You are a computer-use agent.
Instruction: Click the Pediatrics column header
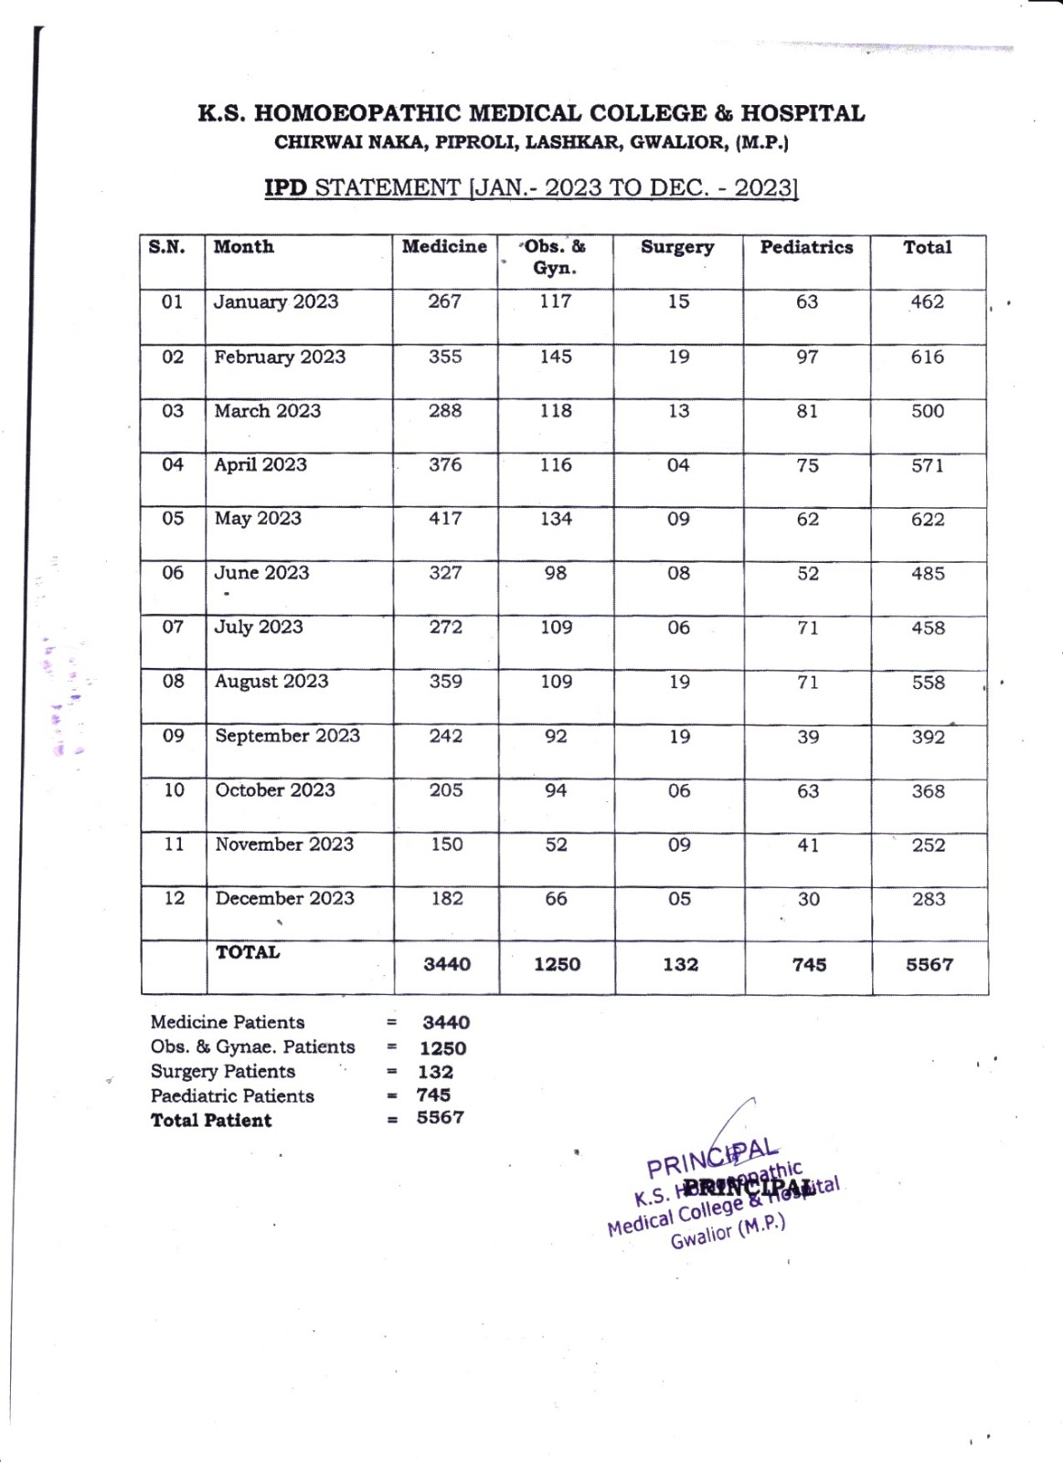[x=806, y=248]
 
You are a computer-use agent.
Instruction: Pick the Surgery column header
[x=677, y=248]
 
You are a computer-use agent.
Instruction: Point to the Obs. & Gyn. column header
[x=555, y=257]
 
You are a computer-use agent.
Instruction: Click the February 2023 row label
[x=280, y=357]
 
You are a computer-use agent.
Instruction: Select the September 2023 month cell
[x=287, y=736]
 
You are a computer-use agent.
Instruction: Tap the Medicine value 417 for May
[x=445, y=519]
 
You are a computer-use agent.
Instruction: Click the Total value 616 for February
[x=927, y=357]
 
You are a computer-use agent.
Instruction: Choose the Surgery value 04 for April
[x=677, y=466]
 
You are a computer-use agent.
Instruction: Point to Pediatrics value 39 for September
[x=808, y=737]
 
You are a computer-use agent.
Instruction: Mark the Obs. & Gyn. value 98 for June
[x=556, y=574]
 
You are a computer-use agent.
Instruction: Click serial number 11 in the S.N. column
[x=174, y=845]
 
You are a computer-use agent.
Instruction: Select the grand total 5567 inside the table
[x=930, y=965]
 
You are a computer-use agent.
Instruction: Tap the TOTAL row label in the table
[x=248, y=953]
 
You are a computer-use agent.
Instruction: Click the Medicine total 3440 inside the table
[x=447, y=965]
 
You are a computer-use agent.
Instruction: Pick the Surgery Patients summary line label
[x=223, y=1072]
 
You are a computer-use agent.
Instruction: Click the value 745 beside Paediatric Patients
[x=433, y=1095]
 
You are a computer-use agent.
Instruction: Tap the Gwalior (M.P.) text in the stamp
[x=728, y=1233]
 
